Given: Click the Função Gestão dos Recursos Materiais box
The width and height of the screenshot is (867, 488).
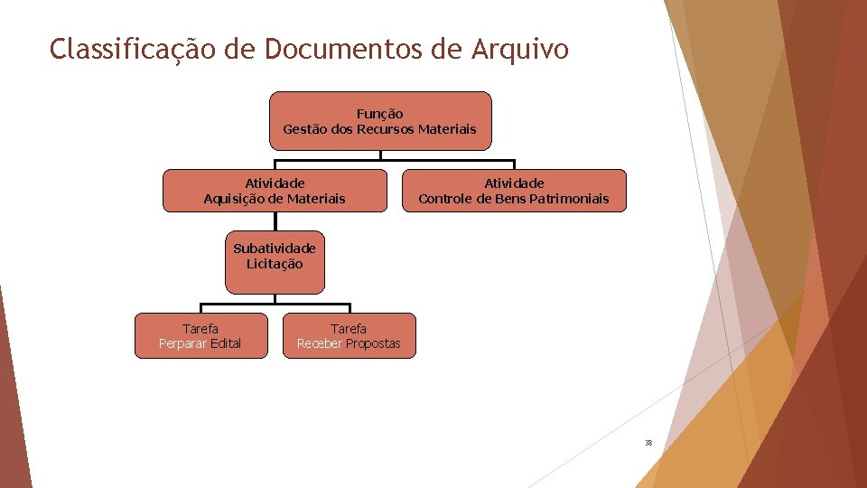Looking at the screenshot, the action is tap(380, 120).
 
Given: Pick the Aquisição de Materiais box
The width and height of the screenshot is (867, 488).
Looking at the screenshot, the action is tap(275, 190).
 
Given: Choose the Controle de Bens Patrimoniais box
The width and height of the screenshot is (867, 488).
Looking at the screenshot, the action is tap(513, 190).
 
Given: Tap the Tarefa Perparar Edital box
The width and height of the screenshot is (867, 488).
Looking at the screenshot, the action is tap(200, 335).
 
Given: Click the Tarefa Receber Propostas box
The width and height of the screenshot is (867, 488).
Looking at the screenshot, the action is tap(349, 335).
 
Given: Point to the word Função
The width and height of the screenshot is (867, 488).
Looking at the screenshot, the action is tap(380, 114).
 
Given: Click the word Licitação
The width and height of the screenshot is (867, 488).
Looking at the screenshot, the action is tap(275, 264).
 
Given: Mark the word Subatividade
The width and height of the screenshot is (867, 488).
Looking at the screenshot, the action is tap(275, 248).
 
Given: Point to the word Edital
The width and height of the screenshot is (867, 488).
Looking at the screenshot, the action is tap(226, 343).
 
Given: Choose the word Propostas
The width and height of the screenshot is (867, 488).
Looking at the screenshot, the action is tap(372, 343).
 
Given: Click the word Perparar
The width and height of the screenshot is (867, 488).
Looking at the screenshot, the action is tap(182, 343).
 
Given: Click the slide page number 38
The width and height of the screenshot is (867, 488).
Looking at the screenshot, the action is tap(648, 443).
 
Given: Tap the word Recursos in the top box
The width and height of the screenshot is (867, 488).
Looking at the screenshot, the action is tap(386, 129).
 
